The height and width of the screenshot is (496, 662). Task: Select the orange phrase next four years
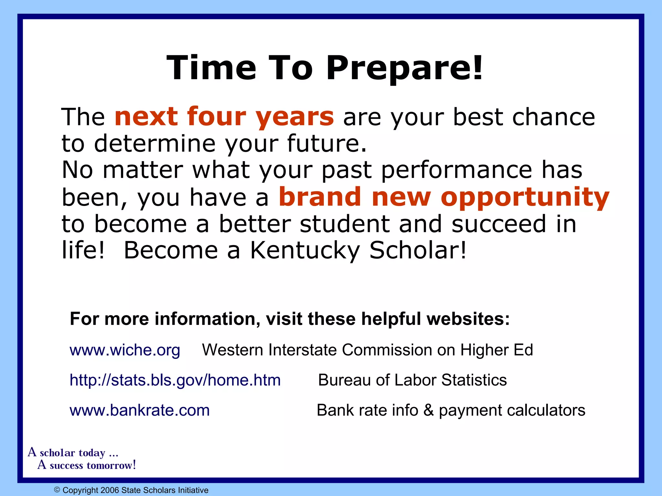224,117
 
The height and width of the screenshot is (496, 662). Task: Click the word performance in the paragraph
457,170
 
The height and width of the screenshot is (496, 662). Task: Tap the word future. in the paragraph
327,144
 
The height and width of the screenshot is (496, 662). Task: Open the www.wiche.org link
125,350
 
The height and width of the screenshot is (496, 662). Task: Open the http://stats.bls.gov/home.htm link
175,380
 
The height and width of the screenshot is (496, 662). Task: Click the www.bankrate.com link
140,410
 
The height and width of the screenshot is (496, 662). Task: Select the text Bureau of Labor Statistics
412,380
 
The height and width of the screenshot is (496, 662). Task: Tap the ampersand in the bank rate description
428,410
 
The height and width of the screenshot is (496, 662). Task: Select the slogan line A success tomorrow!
87,465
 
